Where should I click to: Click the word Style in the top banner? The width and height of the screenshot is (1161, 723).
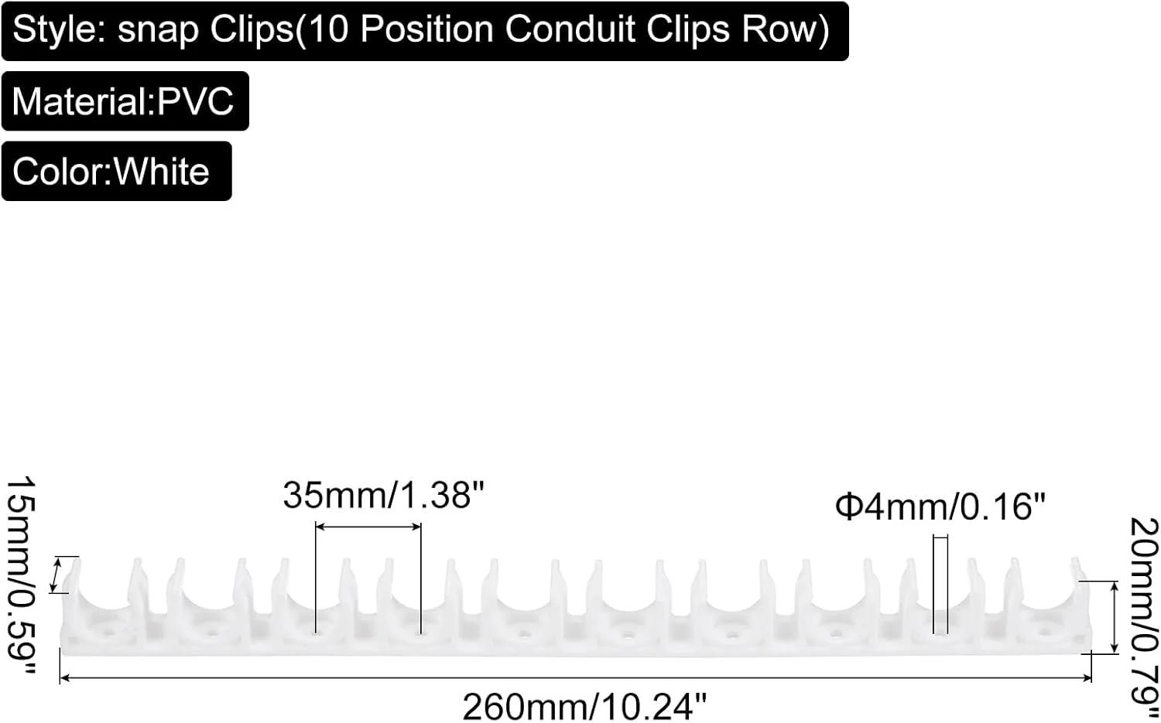57,30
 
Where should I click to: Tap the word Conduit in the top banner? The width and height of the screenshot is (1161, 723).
570,29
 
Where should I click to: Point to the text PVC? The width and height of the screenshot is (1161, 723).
195,101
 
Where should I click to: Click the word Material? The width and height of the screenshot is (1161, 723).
80,101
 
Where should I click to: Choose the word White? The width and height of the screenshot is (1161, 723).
161,171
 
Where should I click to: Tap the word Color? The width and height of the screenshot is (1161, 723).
58,171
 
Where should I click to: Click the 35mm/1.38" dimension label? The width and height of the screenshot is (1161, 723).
384,495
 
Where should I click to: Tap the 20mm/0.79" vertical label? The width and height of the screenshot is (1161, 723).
1143,619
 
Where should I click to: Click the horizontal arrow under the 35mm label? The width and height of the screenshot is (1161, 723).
368,527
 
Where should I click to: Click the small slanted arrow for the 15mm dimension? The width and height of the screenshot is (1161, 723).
56,575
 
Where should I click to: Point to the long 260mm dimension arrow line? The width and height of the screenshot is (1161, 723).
576,677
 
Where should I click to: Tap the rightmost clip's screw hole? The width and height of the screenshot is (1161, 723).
1045,633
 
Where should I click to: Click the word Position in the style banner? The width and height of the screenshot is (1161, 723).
426,29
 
